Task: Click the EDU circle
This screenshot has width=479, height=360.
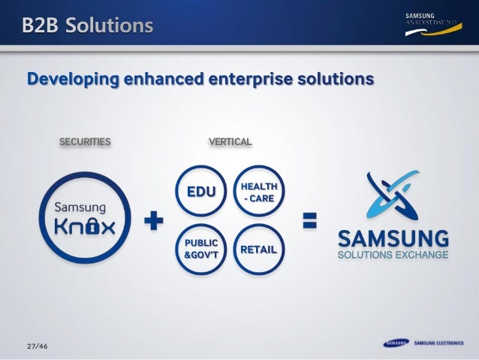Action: tap(200, 192)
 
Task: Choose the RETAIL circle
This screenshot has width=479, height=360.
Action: tap(258, 249)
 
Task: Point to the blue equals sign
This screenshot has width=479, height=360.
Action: tap(309, 220)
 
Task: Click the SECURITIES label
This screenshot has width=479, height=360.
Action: tap(85, 141)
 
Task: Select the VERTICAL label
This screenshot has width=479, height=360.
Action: tap(230, 141)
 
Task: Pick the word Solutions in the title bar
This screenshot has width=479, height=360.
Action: tap(108, 26)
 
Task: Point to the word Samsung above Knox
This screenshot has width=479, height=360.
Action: tap(78, 205)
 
